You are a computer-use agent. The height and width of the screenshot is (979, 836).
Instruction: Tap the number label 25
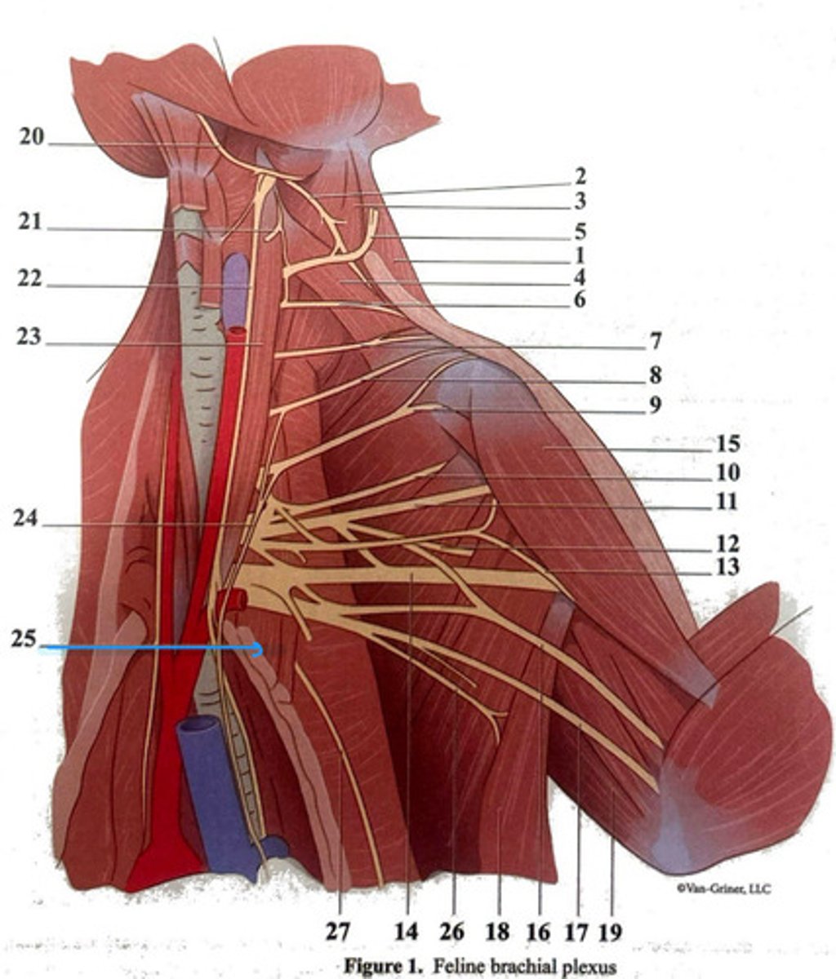click(x=24, y=639)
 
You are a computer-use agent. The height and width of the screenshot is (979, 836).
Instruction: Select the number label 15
click(x=727, y=445)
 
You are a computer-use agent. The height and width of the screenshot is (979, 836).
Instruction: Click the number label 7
click(x=656, y=341)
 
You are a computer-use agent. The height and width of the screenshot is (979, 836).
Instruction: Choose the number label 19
click(x=611, y=931)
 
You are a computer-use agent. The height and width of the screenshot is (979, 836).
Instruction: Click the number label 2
click(x=580, y=175)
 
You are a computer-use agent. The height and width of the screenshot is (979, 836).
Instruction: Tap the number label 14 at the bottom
click(x=406, y=931)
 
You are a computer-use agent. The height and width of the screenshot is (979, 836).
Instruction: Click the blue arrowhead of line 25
click(x=260, y=649)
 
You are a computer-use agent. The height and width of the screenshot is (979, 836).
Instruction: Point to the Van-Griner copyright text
click(x=723, y=888)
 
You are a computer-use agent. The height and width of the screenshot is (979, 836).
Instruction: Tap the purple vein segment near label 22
click(x=236, y=281)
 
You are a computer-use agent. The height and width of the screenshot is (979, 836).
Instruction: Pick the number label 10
click(x=727, y=472)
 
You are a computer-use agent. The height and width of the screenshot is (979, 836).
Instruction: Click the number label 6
click(x=579, y=299)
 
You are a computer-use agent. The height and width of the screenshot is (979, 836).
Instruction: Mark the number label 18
click(x=497, y=931)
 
